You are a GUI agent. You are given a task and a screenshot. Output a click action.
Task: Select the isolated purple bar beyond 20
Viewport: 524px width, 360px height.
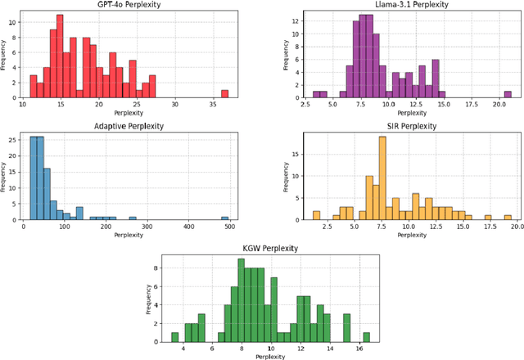(x=508, y=94)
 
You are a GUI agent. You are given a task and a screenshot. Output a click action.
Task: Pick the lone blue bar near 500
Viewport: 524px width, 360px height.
(x=224, y=218)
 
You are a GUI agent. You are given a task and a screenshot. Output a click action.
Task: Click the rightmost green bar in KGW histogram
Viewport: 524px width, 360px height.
(x=366, y=336)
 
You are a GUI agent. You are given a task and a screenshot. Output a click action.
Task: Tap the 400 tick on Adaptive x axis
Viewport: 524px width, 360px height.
(x=188, y=227)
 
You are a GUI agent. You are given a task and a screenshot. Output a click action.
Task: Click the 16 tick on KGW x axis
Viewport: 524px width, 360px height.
(x=358, y=348)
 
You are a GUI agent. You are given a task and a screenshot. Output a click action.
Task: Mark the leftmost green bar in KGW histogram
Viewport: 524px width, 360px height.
(x=174, y=336)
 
